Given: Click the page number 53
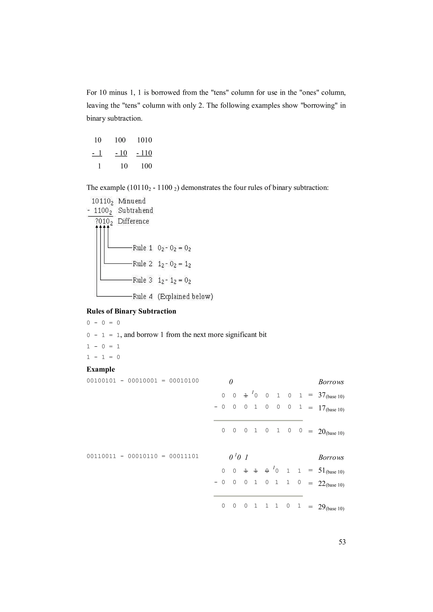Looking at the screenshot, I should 342,542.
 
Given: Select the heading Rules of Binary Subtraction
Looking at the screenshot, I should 131,311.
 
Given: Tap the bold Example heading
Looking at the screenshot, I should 101,369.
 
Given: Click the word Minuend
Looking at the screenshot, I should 132,201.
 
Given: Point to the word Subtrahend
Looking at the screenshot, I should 136,211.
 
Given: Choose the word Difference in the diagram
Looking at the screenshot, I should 133,221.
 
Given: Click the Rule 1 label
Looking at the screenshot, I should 143,248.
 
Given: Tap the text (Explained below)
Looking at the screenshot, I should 185,296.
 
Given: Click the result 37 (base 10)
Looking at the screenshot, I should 331,395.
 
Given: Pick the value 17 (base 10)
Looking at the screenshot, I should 331,408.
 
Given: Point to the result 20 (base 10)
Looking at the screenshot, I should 331,432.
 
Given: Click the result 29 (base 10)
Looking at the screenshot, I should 331,507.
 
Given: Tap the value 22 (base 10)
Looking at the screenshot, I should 331,484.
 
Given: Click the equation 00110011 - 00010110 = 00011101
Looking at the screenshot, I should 143,456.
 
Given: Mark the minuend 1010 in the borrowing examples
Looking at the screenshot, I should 144,140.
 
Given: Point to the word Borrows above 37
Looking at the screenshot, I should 331,382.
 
